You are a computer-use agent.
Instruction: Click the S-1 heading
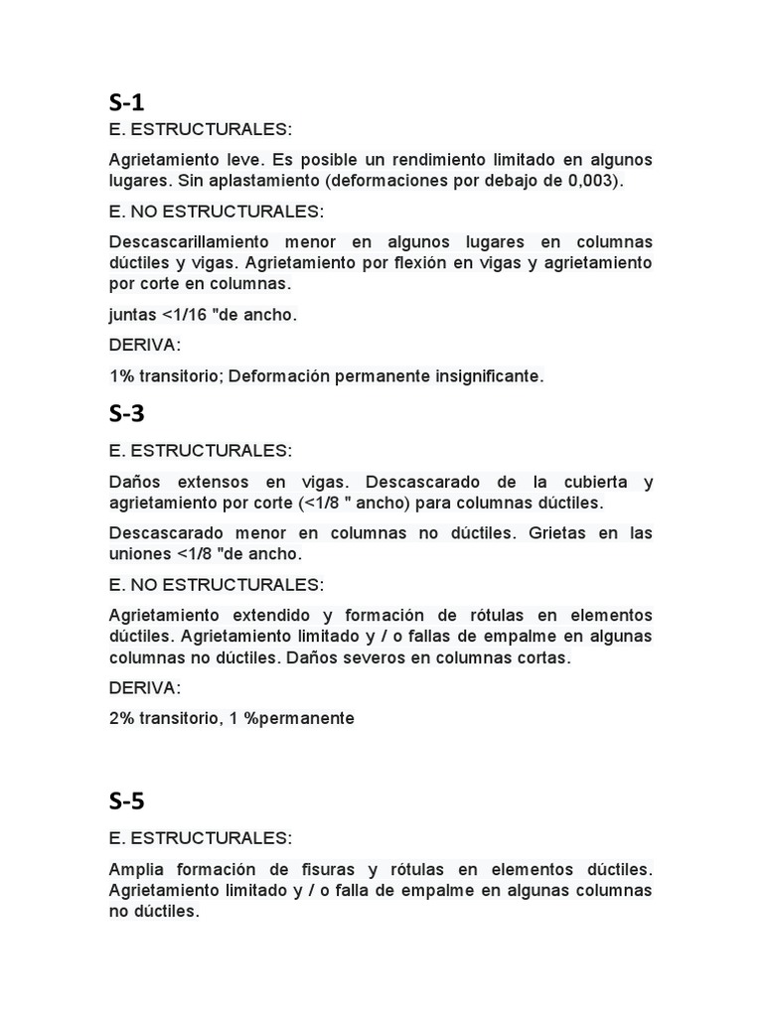tap(127, 102)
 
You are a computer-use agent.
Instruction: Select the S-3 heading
tap(127, 414)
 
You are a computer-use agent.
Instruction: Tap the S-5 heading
tap(127, 800)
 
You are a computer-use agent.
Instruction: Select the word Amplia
tap(138, 869)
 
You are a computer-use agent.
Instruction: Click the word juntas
tap(134, 315)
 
